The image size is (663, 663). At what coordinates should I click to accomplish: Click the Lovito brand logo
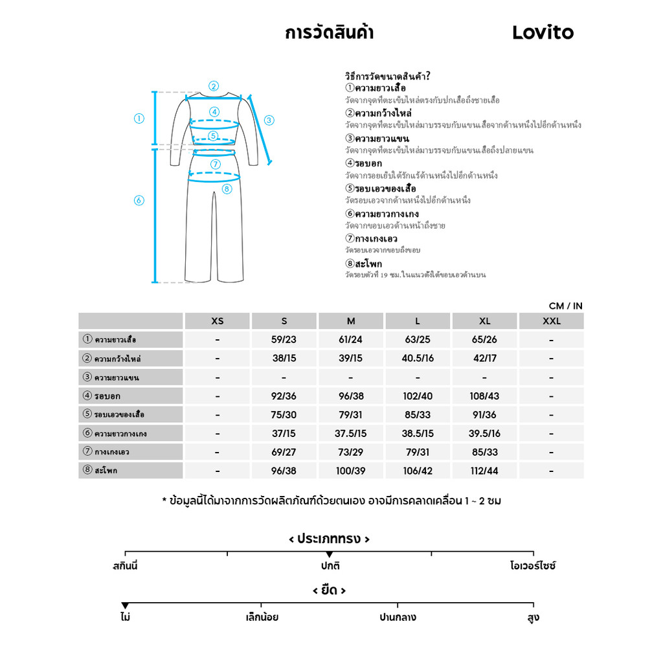[x=543, y=32]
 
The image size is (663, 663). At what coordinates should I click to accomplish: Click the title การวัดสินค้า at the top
[x=329, y=32]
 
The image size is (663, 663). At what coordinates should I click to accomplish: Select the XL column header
[x=484, y=321]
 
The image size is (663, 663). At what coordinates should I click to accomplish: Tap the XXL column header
[x=551, y=321]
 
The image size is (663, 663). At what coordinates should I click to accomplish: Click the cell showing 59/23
[x=284, y=340]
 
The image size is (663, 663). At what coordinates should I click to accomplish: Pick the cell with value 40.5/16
[x=418, y=359]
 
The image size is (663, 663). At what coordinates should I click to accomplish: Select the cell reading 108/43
[x=484, y=396]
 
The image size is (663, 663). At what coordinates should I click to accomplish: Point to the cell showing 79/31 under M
[x=350, y=415]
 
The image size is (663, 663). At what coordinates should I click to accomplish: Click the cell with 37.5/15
[x=350, y=434]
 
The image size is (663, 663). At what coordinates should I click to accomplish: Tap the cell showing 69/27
[x=284, y=453]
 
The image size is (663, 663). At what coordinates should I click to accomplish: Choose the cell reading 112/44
[x=484, y=471]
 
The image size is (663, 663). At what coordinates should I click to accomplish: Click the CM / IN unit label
[x=565, y=306]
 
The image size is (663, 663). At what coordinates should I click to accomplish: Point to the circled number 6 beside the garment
[x=139, y=201]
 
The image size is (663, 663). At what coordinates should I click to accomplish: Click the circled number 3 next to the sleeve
[x=269, y=120]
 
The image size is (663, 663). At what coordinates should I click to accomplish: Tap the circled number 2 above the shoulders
[x=214, y=86]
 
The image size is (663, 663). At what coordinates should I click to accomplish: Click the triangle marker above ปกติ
[x=330, y=555]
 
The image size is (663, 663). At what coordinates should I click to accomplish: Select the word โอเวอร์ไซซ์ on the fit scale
[x=533, y=566]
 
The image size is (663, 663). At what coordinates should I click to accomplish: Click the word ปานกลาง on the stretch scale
[x=398, y=618]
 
